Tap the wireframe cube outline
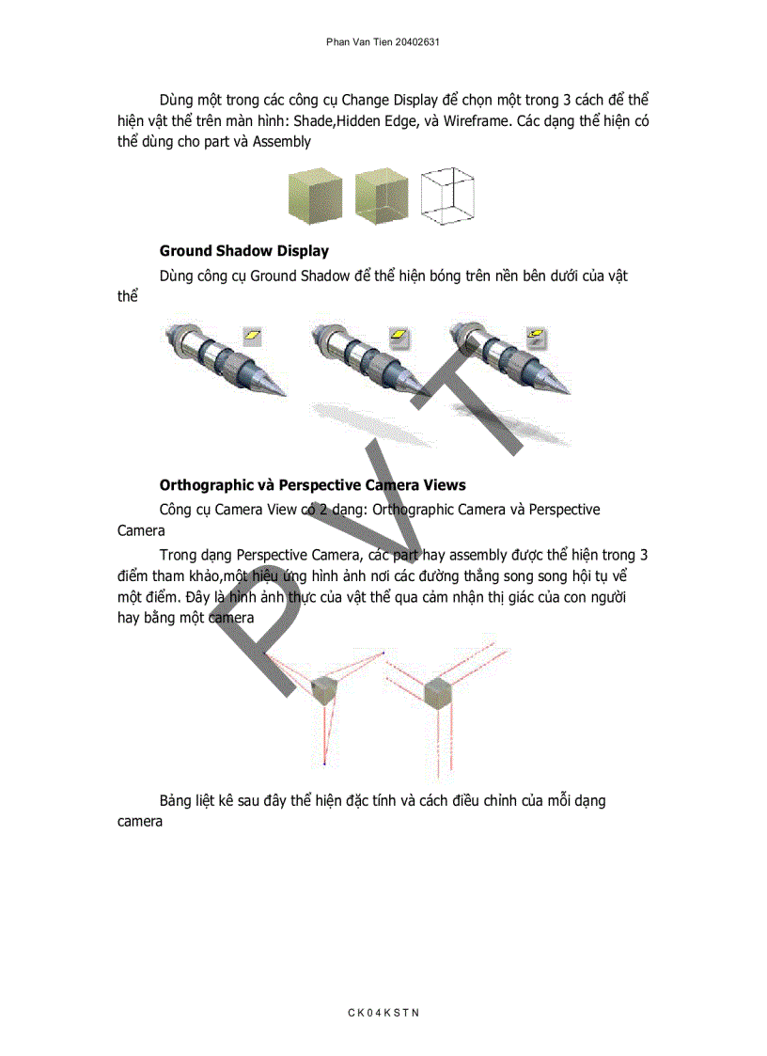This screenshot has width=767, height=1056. coord(448,197)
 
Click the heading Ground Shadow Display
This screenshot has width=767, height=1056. coord(243,251)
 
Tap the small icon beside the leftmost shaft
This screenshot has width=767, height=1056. coord(253,335)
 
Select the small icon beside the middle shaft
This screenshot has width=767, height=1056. coord(399,335)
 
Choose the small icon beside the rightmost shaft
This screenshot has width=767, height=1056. coord(537,335)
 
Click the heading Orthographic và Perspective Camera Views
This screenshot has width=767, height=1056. coord(312,485)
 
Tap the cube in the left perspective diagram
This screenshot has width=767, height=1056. coord(325,691)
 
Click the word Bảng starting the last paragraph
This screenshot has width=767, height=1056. coord(177,801)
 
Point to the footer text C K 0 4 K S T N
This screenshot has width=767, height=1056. coord(383,1012)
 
